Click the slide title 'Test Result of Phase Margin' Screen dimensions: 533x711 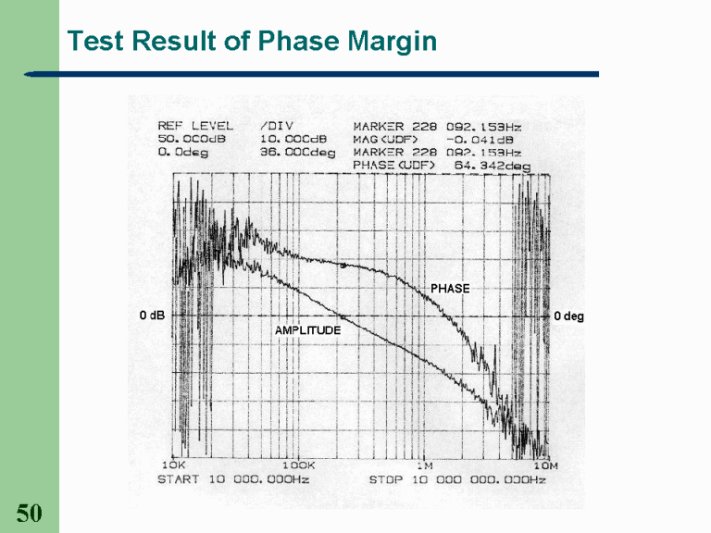252,42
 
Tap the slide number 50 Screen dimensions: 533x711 29,514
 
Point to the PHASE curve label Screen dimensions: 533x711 450,289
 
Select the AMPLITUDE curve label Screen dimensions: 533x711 308,329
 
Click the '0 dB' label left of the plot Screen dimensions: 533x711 152,316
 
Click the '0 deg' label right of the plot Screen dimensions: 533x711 568,316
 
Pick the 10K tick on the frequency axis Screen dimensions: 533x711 173,465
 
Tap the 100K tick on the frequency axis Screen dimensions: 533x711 298,465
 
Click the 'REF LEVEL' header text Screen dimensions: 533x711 195,126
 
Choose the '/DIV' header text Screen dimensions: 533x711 275,126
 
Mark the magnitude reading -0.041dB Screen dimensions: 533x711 485,139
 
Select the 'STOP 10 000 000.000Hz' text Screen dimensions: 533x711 457,479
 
